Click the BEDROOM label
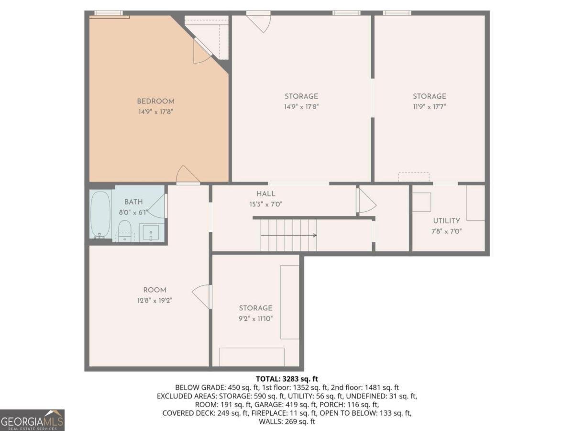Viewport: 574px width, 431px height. (x=155, y=101)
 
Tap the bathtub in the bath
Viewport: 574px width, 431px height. (x=100, y=214)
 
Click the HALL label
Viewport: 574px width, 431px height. (x=265, y=194)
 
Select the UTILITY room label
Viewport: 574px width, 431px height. (x=447, y=221)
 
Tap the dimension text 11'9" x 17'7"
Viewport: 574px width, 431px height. (x=430, y=107)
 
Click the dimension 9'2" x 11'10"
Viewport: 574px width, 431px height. (x=256, y=318)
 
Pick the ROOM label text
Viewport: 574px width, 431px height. (x=155, y=290)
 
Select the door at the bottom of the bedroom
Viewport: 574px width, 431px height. (x=188, y=175)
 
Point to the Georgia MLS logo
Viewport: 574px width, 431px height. (x=32, y=420)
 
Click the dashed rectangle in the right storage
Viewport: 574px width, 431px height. (x=414, y=177)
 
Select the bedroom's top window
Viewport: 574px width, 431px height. (x=108, y=13)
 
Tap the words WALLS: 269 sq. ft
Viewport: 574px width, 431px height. (x=287, y=422)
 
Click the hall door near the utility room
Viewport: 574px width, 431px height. (x=366, y=201)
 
